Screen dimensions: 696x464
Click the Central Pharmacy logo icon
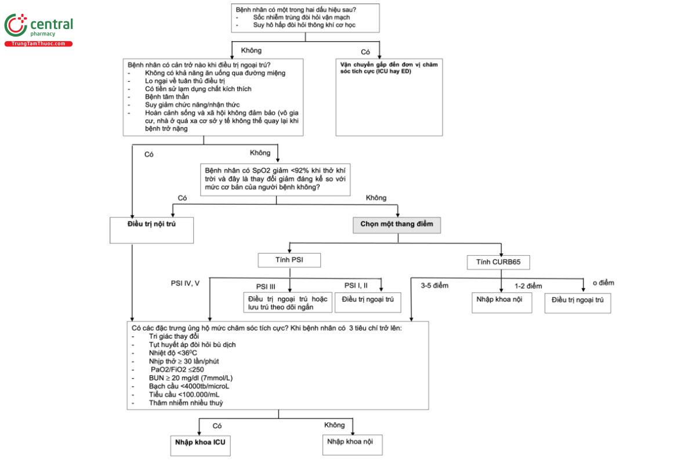16,25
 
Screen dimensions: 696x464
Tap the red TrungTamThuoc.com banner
38,44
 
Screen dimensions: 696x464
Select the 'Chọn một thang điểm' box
397,225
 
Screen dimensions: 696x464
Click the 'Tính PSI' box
289,260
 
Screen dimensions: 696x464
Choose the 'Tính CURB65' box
498,262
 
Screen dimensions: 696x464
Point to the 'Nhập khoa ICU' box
201,445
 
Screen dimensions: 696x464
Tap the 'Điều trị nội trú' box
151,230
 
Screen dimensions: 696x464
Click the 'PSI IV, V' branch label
185,284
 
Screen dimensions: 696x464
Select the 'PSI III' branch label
266,287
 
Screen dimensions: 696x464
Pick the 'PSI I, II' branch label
356,285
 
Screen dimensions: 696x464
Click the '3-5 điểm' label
434,285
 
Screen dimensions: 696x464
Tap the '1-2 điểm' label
528,286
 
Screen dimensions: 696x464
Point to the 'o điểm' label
603,283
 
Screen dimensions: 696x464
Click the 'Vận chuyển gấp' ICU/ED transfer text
389,68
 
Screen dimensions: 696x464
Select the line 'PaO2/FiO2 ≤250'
177,369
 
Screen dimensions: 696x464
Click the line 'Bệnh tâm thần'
167,97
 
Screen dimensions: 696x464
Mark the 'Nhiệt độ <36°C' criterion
173,353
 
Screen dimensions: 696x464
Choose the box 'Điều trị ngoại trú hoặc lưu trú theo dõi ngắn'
288,302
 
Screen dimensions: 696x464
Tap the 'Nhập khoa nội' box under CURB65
502,303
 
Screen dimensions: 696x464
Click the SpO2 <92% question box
275,180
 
